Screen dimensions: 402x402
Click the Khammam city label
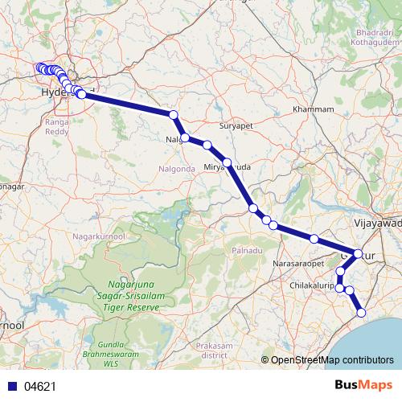[x=313, y=109]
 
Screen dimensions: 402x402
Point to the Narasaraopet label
[x=298, y=263]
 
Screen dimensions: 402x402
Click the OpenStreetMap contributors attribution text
[x=332, y=359]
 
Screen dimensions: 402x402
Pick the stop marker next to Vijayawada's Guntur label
[x=358, y=253]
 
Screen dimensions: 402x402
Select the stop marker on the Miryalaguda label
[x=228, y=162]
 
